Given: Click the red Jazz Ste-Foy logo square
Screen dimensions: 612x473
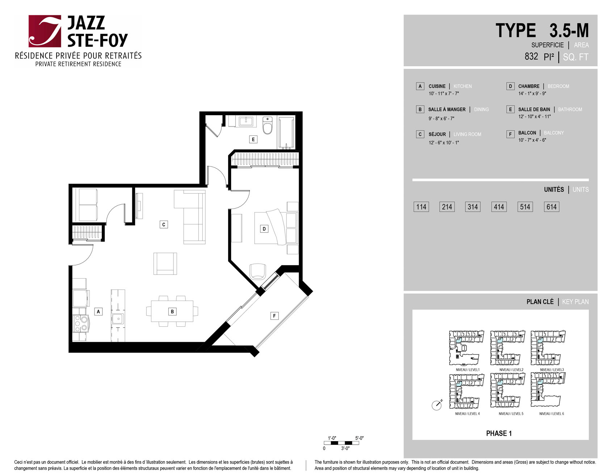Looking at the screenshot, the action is [x=45, y=31].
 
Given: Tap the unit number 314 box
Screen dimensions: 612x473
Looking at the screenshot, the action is [x=473, y=207].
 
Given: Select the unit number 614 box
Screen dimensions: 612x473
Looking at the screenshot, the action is [x=552, y=207].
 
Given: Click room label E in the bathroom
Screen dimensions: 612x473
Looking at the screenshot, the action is [x=253, y=139].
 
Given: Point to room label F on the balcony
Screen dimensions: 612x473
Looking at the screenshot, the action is [x=274, y=316].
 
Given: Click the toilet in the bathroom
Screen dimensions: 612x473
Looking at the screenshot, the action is [x=268, y=125].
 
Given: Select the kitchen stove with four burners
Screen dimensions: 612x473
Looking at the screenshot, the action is [x=80, y=323].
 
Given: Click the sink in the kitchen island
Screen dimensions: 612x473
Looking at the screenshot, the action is [x=118, y=319].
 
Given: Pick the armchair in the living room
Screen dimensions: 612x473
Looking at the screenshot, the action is [x=165, y=263].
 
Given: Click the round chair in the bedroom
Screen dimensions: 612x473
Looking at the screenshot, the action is [x=257, y=271].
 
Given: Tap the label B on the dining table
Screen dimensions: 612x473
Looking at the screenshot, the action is [x=172, y=311].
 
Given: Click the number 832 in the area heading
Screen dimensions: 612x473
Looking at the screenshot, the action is [x=531, y=56].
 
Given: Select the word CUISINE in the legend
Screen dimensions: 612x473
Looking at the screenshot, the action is [x=437, y=86].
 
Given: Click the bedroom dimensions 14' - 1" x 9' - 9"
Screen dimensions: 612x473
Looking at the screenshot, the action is [x=532, y=93].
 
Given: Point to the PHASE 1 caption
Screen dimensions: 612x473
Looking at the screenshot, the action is [x=499, y=433].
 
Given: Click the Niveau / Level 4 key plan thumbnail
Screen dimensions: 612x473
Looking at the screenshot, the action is [x=467, y=391].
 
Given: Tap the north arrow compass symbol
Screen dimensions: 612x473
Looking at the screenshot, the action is [x=437, y=405].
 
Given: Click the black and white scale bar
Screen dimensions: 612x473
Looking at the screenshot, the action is [x=341, y=443].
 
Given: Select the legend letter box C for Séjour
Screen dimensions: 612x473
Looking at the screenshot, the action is [x=420, y=134].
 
